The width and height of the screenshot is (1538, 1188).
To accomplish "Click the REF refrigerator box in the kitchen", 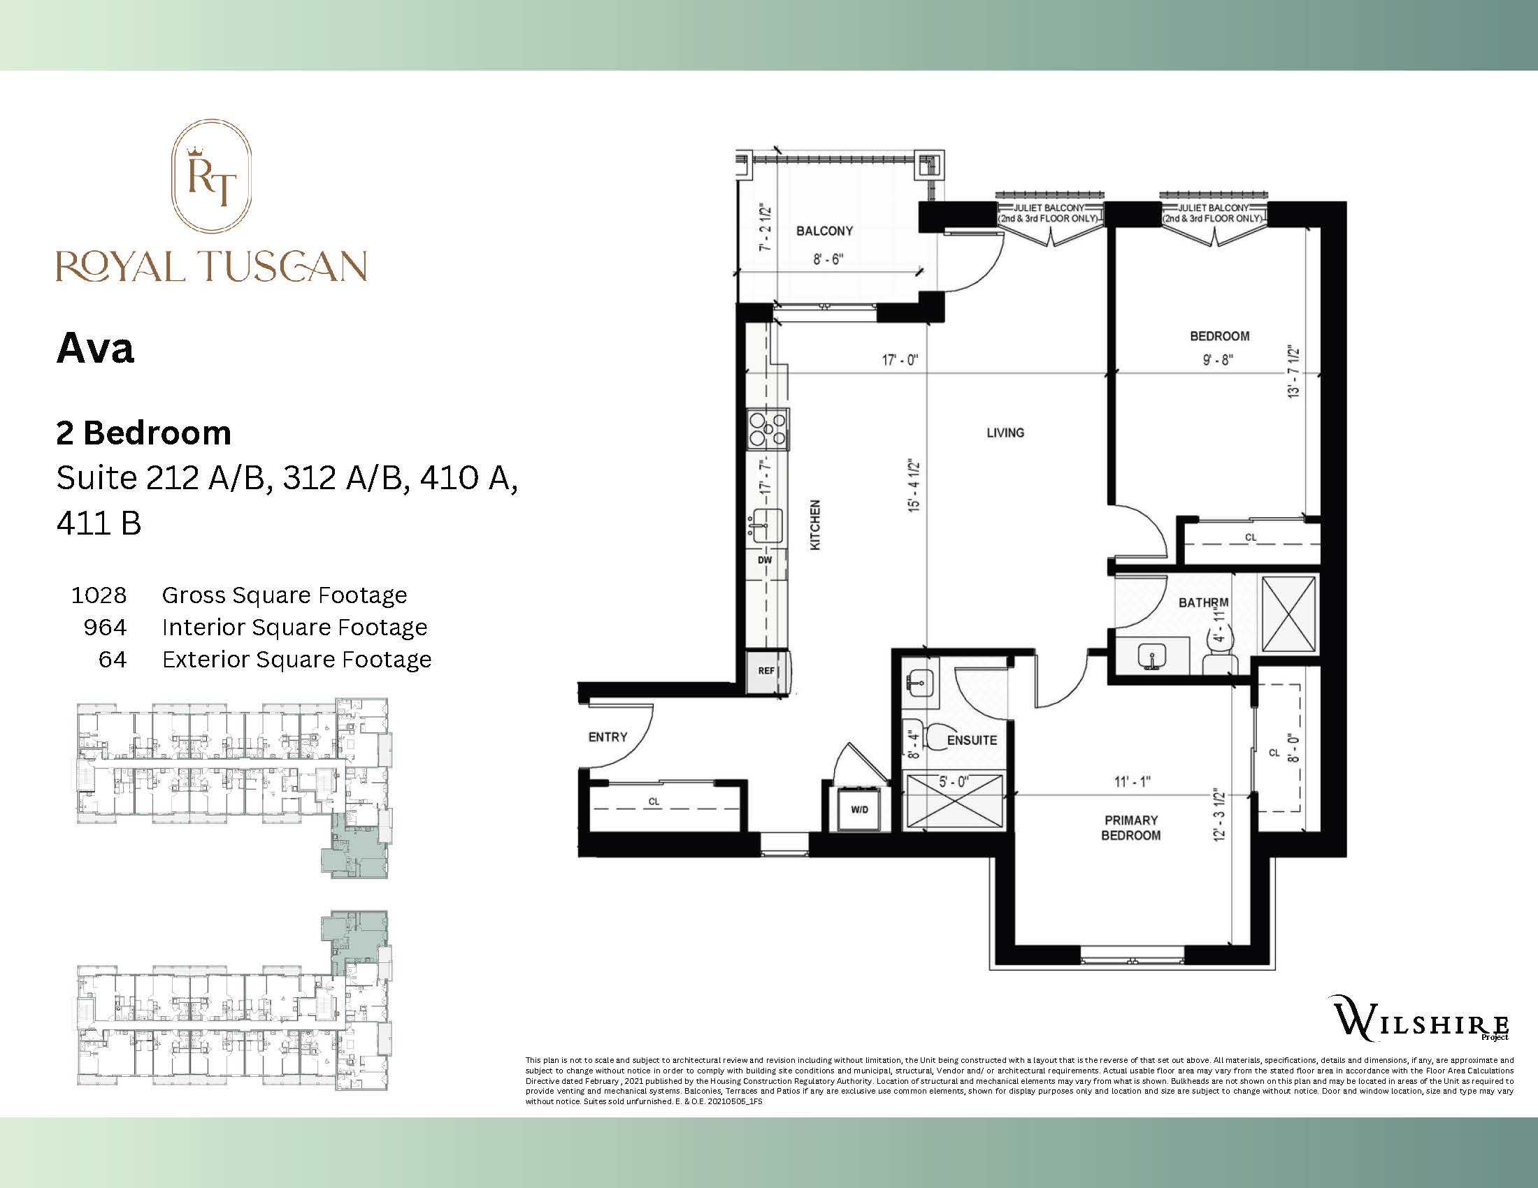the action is pos(767,671).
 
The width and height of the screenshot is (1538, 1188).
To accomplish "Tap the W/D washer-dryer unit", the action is pos(859,809).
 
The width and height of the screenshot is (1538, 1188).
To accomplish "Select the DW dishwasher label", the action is pos(765,560).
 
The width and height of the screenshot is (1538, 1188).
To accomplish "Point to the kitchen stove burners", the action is pos(768,429).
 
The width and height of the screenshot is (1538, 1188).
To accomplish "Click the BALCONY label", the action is pos(824,231).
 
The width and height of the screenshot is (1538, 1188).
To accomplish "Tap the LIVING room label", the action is pos(1005,433).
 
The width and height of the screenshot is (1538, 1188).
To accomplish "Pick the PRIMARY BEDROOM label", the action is pos(1130,827).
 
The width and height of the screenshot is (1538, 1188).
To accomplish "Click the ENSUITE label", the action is pos(972,740).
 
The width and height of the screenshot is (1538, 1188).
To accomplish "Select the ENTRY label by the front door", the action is pos(607,737).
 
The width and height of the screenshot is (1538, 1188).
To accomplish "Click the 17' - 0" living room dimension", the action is pos(900,361).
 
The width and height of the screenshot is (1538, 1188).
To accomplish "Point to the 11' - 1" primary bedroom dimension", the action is pos(1133,781).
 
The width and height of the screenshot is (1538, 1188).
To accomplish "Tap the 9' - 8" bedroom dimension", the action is pos(1219,360).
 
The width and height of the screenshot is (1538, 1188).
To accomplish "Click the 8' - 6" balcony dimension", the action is pos(828,259).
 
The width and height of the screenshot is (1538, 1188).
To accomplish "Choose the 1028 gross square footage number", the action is pos(99,595).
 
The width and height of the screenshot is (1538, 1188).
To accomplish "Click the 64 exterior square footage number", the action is pos(113,660).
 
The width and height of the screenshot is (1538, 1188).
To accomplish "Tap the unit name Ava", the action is pos(95,348).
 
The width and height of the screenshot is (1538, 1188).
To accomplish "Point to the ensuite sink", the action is pos(921,681).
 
